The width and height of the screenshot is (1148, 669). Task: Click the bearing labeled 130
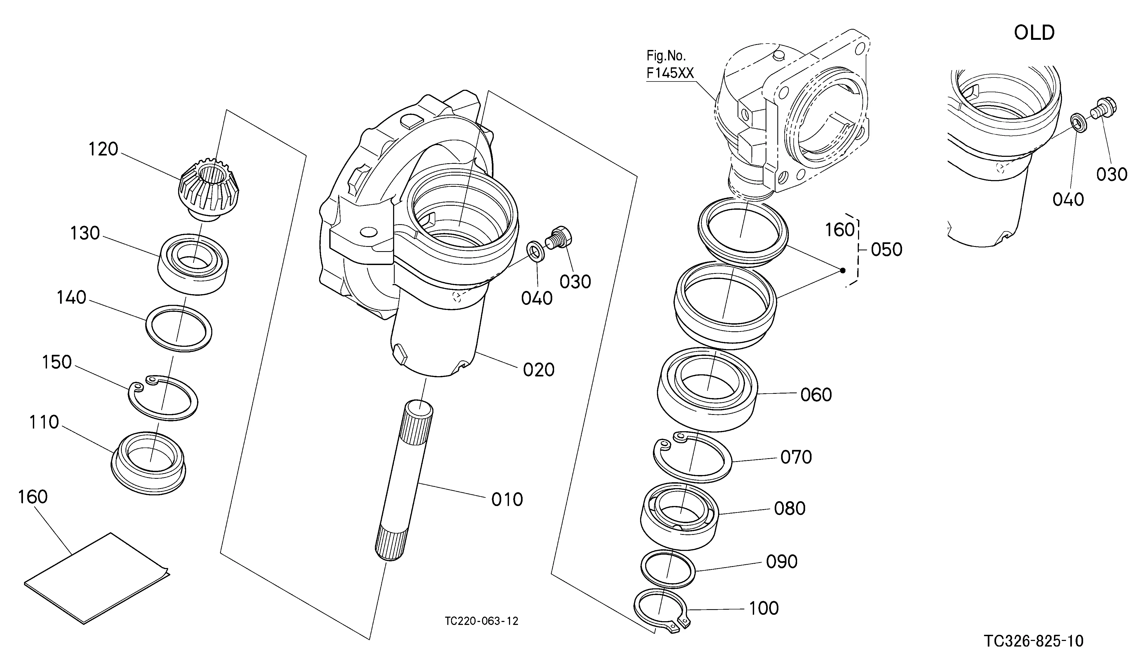[x=193, y=264]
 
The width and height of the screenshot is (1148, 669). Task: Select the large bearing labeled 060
[x=707, y=390]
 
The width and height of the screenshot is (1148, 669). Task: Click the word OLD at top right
[x=1034, y=33]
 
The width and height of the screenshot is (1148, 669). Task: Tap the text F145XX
[x=670, y=73]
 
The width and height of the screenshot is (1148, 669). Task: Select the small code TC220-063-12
[x=481, y=621]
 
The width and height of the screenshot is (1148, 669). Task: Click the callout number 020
[x=538, y=369]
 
